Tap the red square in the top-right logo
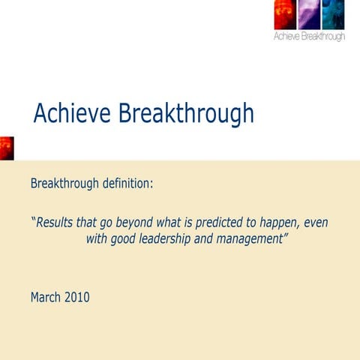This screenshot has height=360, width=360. click(x=286, y=15)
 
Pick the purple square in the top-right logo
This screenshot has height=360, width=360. click(x=310, y=15)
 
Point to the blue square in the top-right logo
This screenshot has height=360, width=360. click(x=333, y=15)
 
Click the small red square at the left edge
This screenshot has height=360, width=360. click(x=6, y=148)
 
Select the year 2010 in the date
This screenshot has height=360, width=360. click(x=76, y=297)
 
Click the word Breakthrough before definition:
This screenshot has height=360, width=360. click(x=64, y=184)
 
